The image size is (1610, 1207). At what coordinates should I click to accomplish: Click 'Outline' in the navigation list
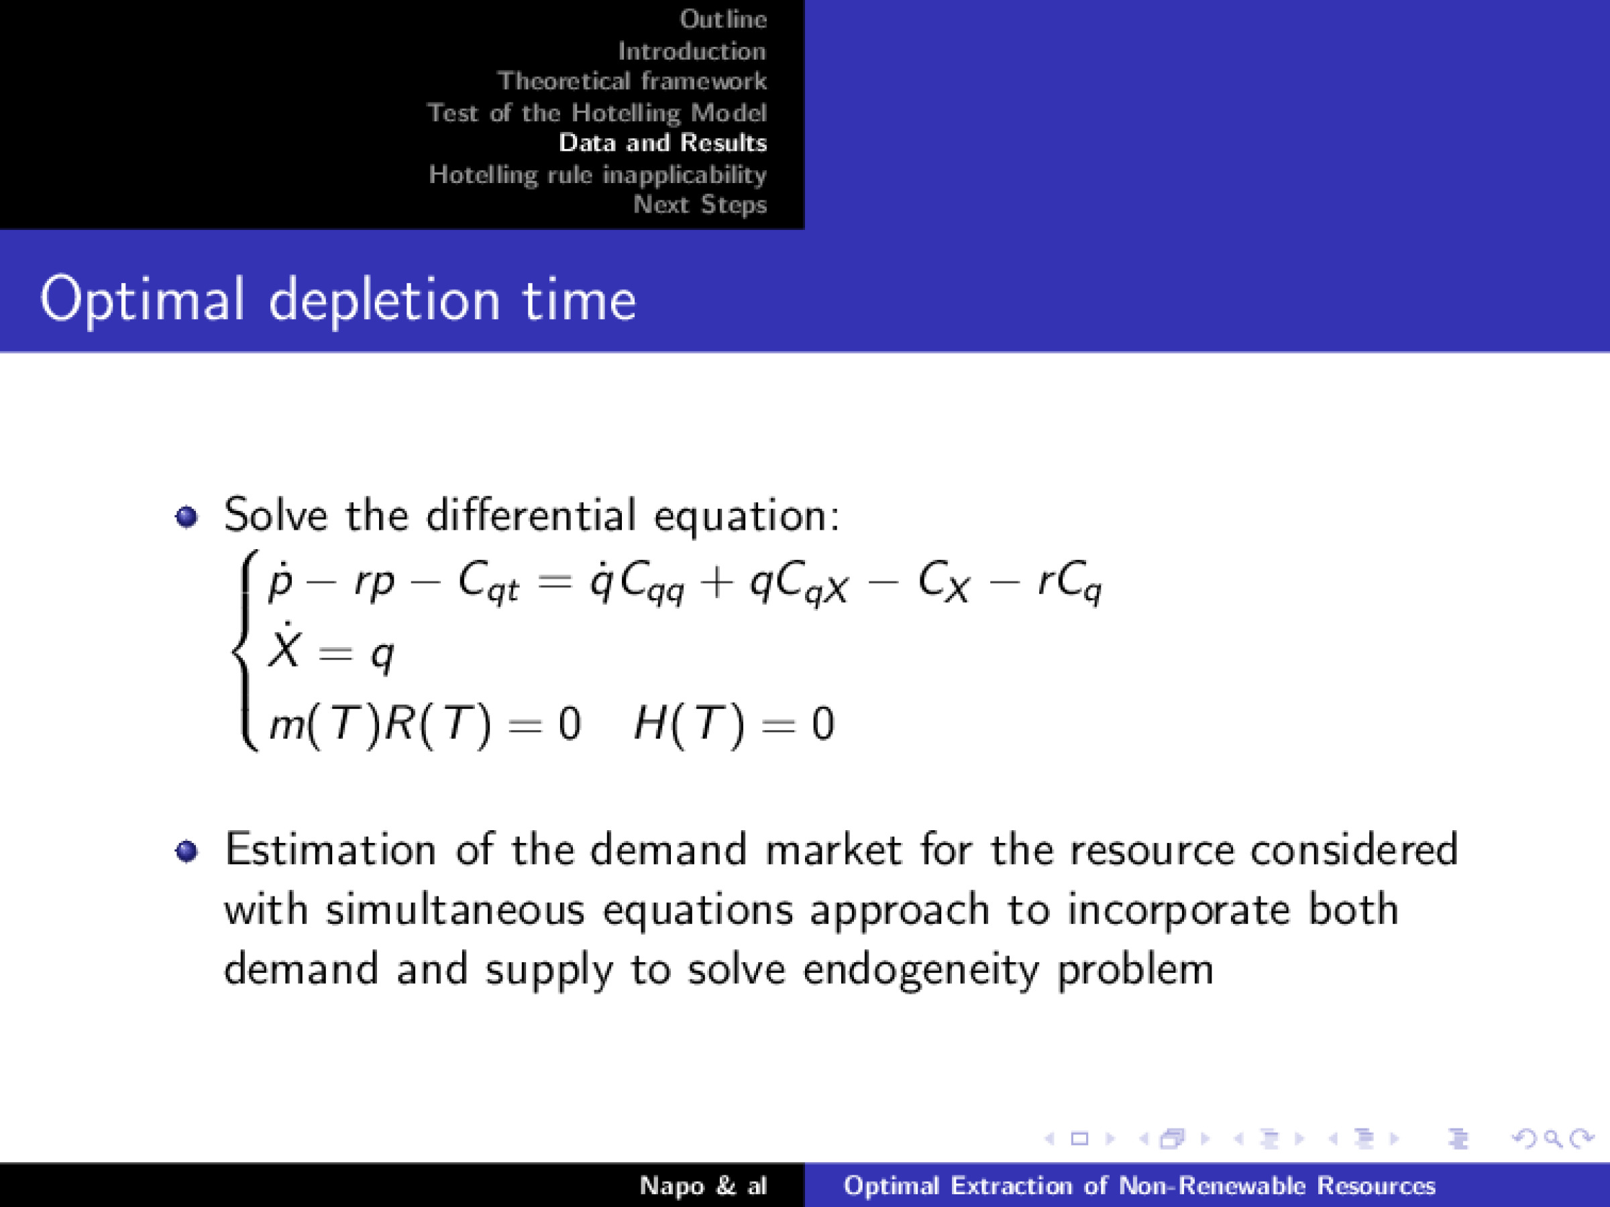point(722,19)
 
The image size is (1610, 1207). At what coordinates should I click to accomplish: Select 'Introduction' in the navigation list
point(692,51)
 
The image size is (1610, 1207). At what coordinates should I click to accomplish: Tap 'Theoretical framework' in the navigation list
point(632,80)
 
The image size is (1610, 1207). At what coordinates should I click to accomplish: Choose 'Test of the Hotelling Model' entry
point(597,113)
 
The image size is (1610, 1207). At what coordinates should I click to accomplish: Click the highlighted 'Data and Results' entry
point(662,143)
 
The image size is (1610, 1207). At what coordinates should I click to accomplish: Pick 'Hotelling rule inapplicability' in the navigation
point(598,174)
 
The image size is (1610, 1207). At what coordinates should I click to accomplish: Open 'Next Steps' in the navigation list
point(700,205)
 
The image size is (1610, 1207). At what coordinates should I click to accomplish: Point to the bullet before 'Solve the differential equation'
point(186,517)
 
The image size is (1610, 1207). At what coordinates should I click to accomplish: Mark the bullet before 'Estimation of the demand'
point(186,850)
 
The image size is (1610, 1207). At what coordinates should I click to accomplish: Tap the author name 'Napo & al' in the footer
point(702,1186)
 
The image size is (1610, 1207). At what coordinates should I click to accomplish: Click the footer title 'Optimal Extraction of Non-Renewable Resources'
point(1139,1186)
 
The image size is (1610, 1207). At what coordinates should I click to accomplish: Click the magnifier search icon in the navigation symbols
point(1552,1139)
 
